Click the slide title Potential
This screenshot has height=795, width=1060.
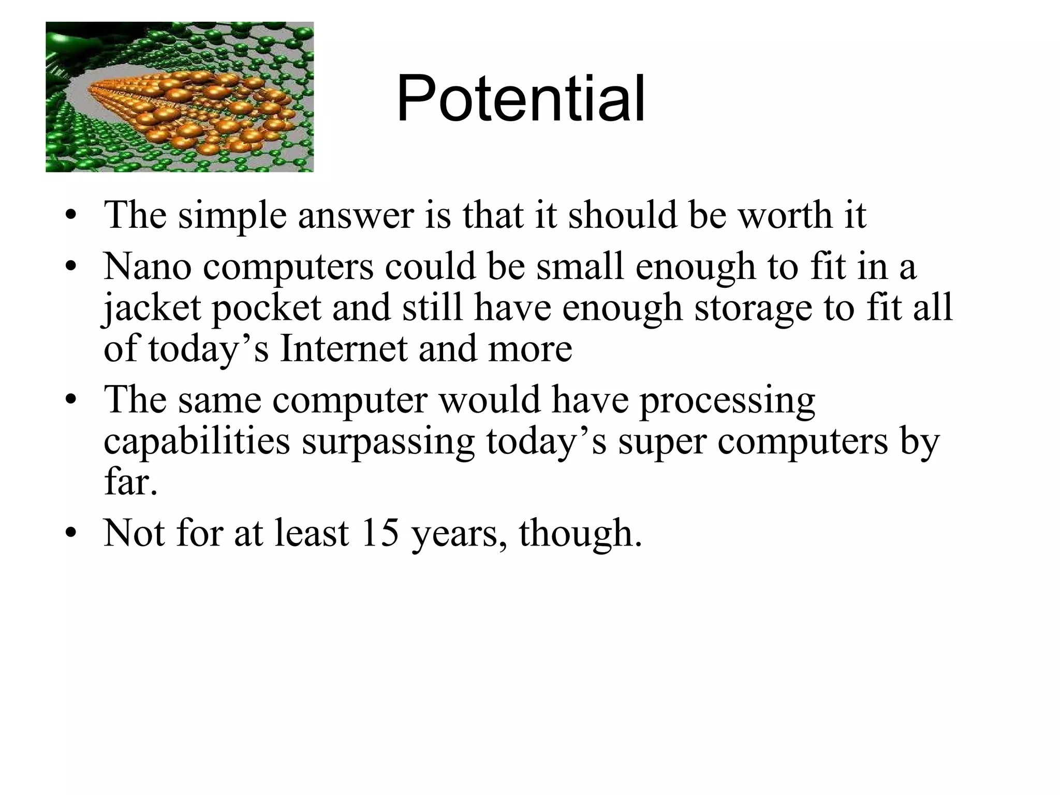point(521,98)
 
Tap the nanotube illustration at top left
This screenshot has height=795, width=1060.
point(180,97)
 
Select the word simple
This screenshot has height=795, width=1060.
point(232,215)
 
